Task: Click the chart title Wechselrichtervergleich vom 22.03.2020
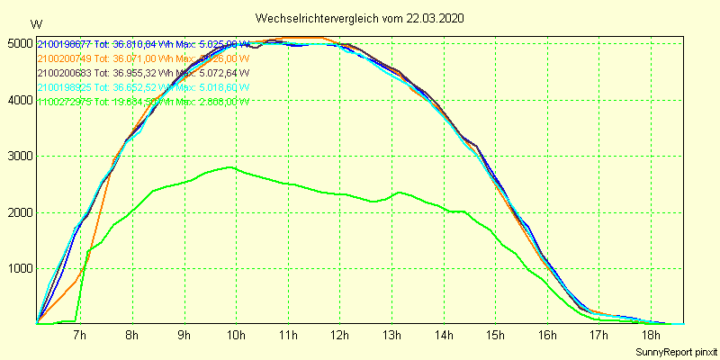360,18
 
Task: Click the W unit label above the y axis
35,23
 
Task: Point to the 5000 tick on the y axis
18,43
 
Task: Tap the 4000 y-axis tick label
18,100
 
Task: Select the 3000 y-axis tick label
18,157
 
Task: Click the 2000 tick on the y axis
18,212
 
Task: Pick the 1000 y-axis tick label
18,269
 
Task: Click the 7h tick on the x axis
79,336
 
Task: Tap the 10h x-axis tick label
236,336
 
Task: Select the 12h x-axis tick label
340,336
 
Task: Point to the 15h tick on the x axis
497,336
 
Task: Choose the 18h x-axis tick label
653,336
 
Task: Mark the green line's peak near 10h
232,167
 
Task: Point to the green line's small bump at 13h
399,193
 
